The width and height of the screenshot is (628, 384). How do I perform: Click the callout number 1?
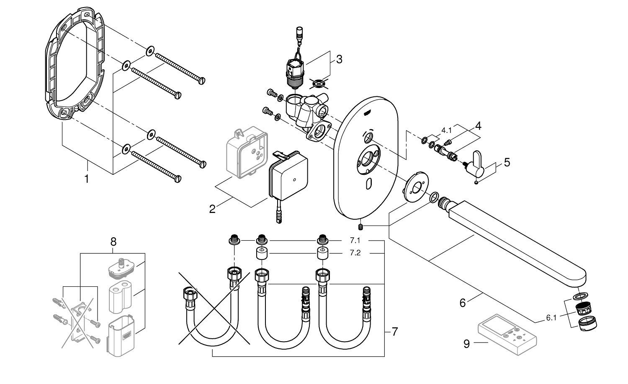coord(87,179)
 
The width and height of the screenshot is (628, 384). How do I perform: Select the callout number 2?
coord(212,208)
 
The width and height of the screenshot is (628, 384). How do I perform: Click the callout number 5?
coord(507,162)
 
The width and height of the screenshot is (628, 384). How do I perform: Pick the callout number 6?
coord(463,302)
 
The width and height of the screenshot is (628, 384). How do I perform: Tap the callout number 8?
coord(113,242)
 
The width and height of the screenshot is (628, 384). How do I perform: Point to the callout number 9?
coord(467,344)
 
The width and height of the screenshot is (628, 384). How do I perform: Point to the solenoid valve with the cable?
coord(295,67)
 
